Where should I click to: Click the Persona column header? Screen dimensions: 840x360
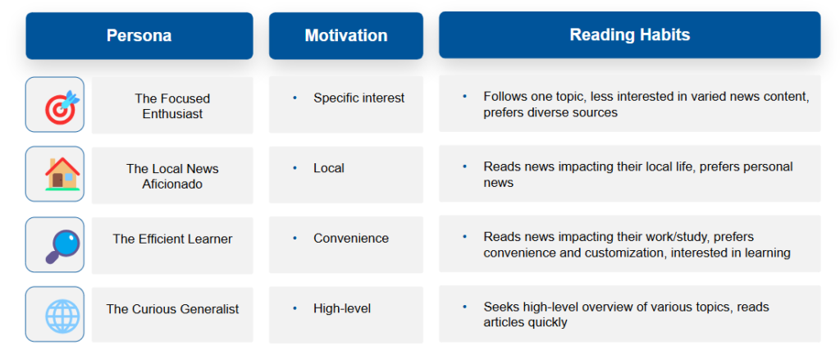pos(139,36)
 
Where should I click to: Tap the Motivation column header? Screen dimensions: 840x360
pos(346,36)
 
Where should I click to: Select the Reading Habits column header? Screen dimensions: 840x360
pos(629,34)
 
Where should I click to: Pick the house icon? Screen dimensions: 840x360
pos(62,174)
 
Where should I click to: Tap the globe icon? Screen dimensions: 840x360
pos(62,314)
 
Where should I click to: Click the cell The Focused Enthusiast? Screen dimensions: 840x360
pos(172,106)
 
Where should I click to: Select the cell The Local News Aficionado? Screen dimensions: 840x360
pos(172,175)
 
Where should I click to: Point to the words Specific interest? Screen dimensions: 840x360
pos(359,98)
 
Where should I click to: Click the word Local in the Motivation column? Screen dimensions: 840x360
pos(329,168)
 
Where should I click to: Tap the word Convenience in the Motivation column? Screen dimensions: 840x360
pos(351,239)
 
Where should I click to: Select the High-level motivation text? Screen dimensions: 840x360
pos(342,308)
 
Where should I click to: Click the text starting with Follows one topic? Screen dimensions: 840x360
pos(646,105)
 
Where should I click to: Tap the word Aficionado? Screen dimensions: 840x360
pos(172,185)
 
